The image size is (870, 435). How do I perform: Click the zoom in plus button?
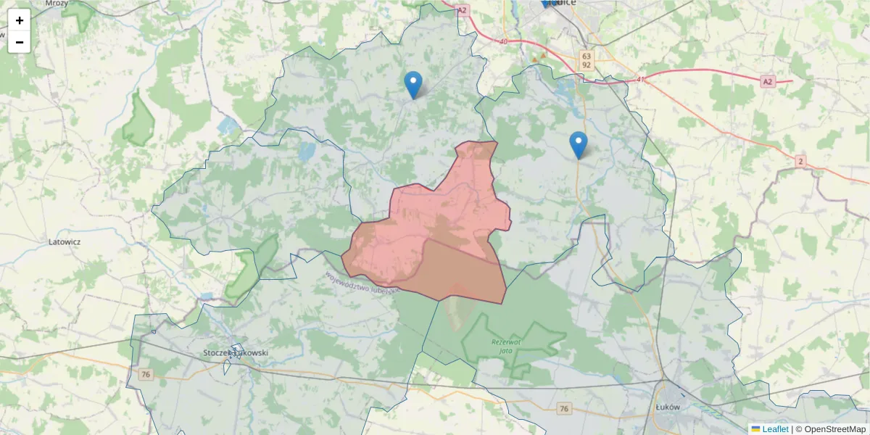pos(20,20)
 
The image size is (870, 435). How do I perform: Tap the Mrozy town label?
pos(56,4)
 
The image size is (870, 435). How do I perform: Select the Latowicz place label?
pos(65,241)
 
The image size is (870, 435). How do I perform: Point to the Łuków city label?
pos(666,407)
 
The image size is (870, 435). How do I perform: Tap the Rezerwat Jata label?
pos(506,346)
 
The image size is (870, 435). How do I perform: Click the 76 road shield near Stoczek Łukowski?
pos(146,374)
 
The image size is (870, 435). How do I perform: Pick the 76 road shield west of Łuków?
pos(564,409)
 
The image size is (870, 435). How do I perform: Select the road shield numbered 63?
pos(586,56)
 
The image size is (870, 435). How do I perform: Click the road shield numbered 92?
pos(586,65)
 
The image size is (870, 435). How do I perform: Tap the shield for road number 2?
pos(800,160)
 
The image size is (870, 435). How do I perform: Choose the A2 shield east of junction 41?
pos(768,82)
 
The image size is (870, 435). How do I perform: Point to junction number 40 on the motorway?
pos(503,41)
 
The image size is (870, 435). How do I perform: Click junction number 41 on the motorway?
pos(640,79)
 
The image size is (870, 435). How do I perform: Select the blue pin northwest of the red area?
pos(413,85)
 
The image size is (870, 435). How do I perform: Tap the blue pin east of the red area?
pos(578,145)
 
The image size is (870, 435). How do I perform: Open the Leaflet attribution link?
pos(774,429)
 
